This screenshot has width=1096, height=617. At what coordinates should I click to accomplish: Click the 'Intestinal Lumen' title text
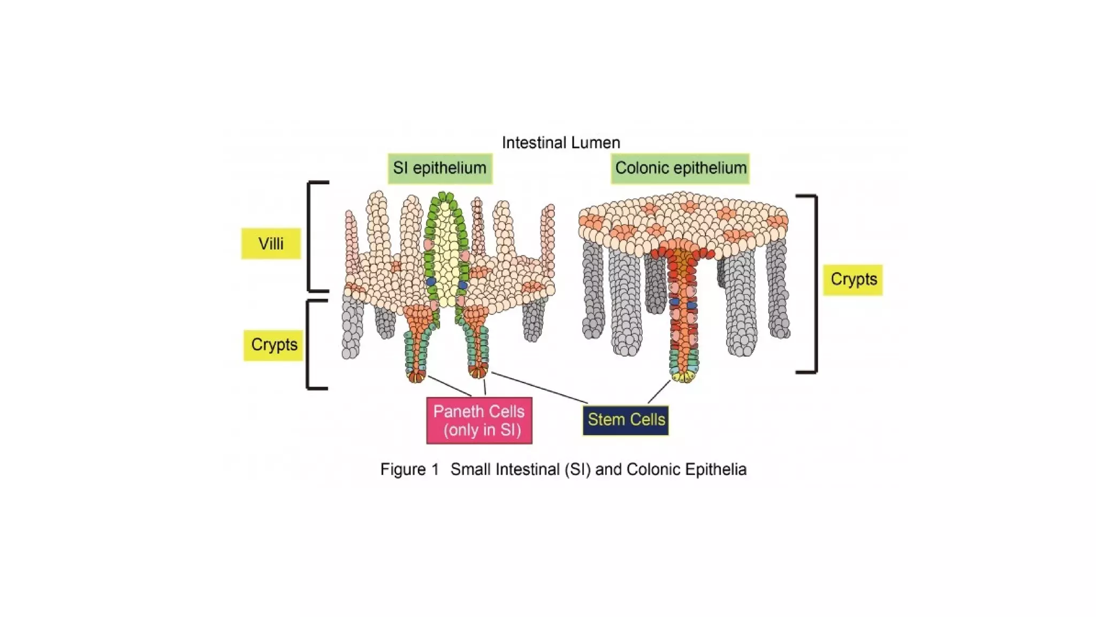[561, 143]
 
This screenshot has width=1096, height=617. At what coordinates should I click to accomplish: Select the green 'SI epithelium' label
[440, 168]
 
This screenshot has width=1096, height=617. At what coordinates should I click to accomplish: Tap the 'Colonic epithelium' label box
[680, 168]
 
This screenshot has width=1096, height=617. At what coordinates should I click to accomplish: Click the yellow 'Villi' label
[271, 244]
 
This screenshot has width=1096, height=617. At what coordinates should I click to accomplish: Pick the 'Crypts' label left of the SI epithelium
[274, 344]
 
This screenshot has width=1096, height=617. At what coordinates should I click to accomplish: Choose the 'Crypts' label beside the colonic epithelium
[853, 279]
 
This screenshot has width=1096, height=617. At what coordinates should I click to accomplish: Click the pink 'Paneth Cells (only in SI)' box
[479, 420]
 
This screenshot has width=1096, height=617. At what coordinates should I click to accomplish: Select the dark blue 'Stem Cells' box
[626, 420]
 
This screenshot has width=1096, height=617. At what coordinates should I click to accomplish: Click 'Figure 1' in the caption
[409, 470]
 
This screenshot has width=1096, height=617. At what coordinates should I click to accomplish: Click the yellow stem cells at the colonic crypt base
[684, 377]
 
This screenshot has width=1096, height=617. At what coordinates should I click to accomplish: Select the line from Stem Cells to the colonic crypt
[659, 392]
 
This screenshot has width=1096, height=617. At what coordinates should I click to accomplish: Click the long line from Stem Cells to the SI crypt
[539, 388]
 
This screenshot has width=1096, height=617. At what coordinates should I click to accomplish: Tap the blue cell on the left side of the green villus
[431, 282]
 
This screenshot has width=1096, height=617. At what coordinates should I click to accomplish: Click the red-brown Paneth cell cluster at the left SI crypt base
[416, 376]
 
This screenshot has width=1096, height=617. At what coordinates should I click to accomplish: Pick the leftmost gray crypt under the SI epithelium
[351, 327]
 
